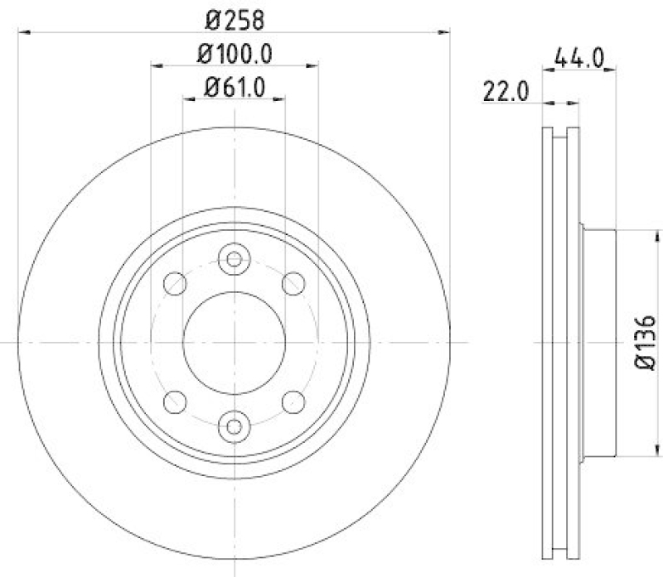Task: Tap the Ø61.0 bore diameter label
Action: (235, 86)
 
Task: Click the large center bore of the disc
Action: (234, 342)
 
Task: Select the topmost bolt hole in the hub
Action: (234, 259)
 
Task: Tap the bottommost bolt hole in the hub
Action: (234, 426)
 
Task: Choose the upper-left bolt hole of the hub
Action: (175, 284)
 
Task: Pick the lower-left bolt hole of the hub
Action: (175, 401)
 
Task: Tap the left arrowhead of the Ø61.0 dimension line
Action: (188, 99)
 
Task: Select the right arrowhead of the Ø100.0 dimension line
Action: (312, 65)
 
